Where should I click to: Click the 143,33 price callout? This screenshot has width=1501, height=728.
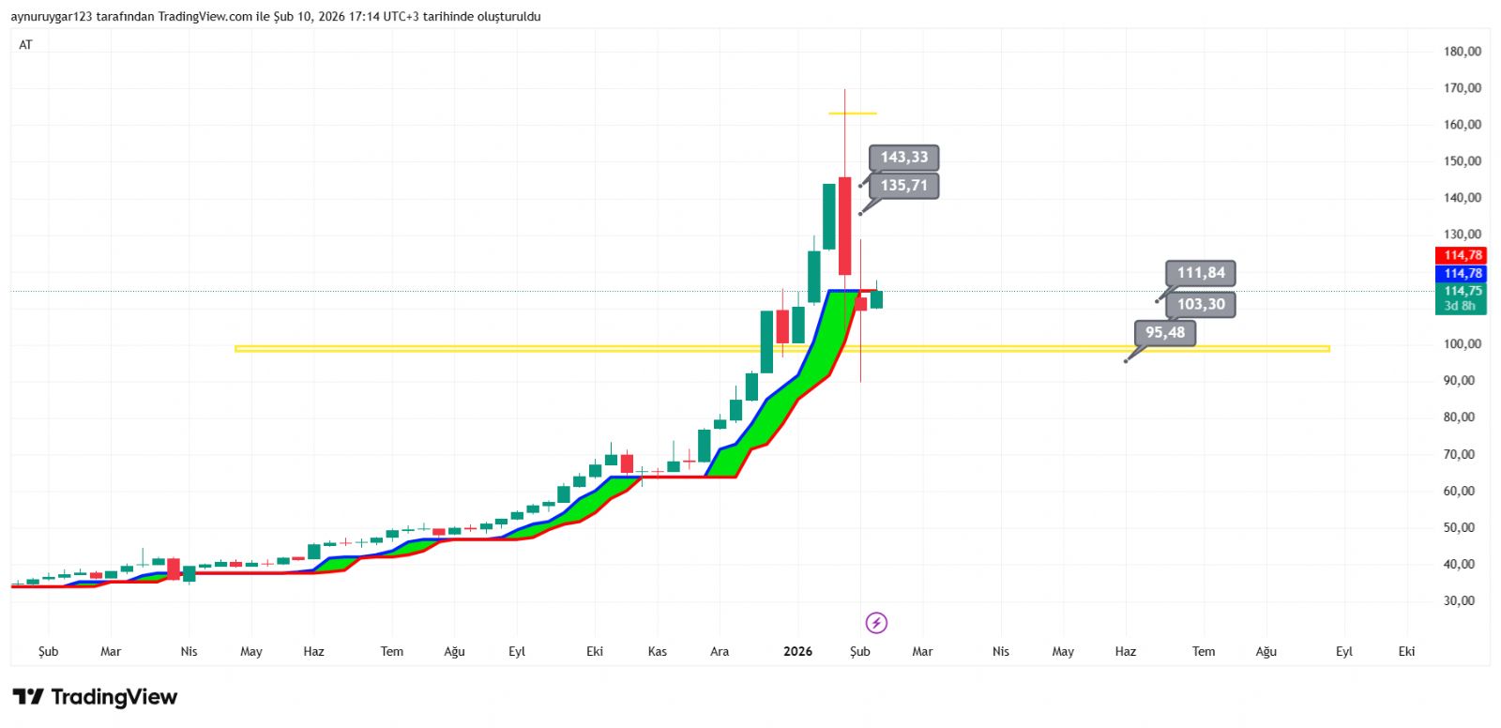click(x=904, y=158)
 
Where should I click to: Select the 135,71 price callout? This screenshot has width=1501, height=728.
click(x=904, y=186)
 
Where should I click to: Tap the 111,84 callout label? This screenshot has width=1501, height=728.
click(x=1201, y=273)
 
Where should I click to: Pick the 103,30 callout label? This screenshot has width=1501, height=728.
click(x=1201, y=304)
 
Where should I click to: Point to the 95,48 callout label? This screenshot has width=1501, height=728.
click(x=1165, y=332)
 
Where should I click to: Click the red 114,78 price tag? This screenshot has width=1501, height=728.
click(x=1462, y=255)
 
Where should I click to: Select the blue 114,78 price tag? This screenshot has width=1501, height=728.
click(x=1462, y=273)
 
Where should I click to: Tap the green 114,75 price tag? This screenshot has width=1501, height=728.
click(x=1462, y=292)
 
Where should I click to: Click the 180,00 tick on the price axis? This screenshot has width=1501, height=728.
click(x=1462, y=52)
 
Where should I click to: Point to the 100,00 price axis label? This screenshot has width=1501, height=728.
click(x=1462, y=344)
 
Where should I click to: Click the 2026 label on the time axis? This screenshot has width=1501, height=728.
click(x=797, y=651)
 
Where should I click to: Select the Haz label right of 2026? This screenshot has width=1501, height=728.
click(x=1125, y=651)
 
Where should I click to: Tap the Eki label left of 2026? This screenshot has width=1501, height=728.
click(x=595, y=651)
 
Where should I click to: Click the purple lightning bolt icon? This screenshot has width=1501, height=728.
click(x=875, y=623)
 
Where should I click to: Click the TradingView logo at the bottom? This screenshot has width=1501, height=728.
click(x=95, y=697)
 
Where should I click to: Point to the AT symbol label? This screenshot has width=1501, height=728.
click(x=25, y=45)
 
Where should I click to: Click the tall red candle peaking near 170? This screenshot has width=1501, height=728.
click(x=845, y=225)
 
